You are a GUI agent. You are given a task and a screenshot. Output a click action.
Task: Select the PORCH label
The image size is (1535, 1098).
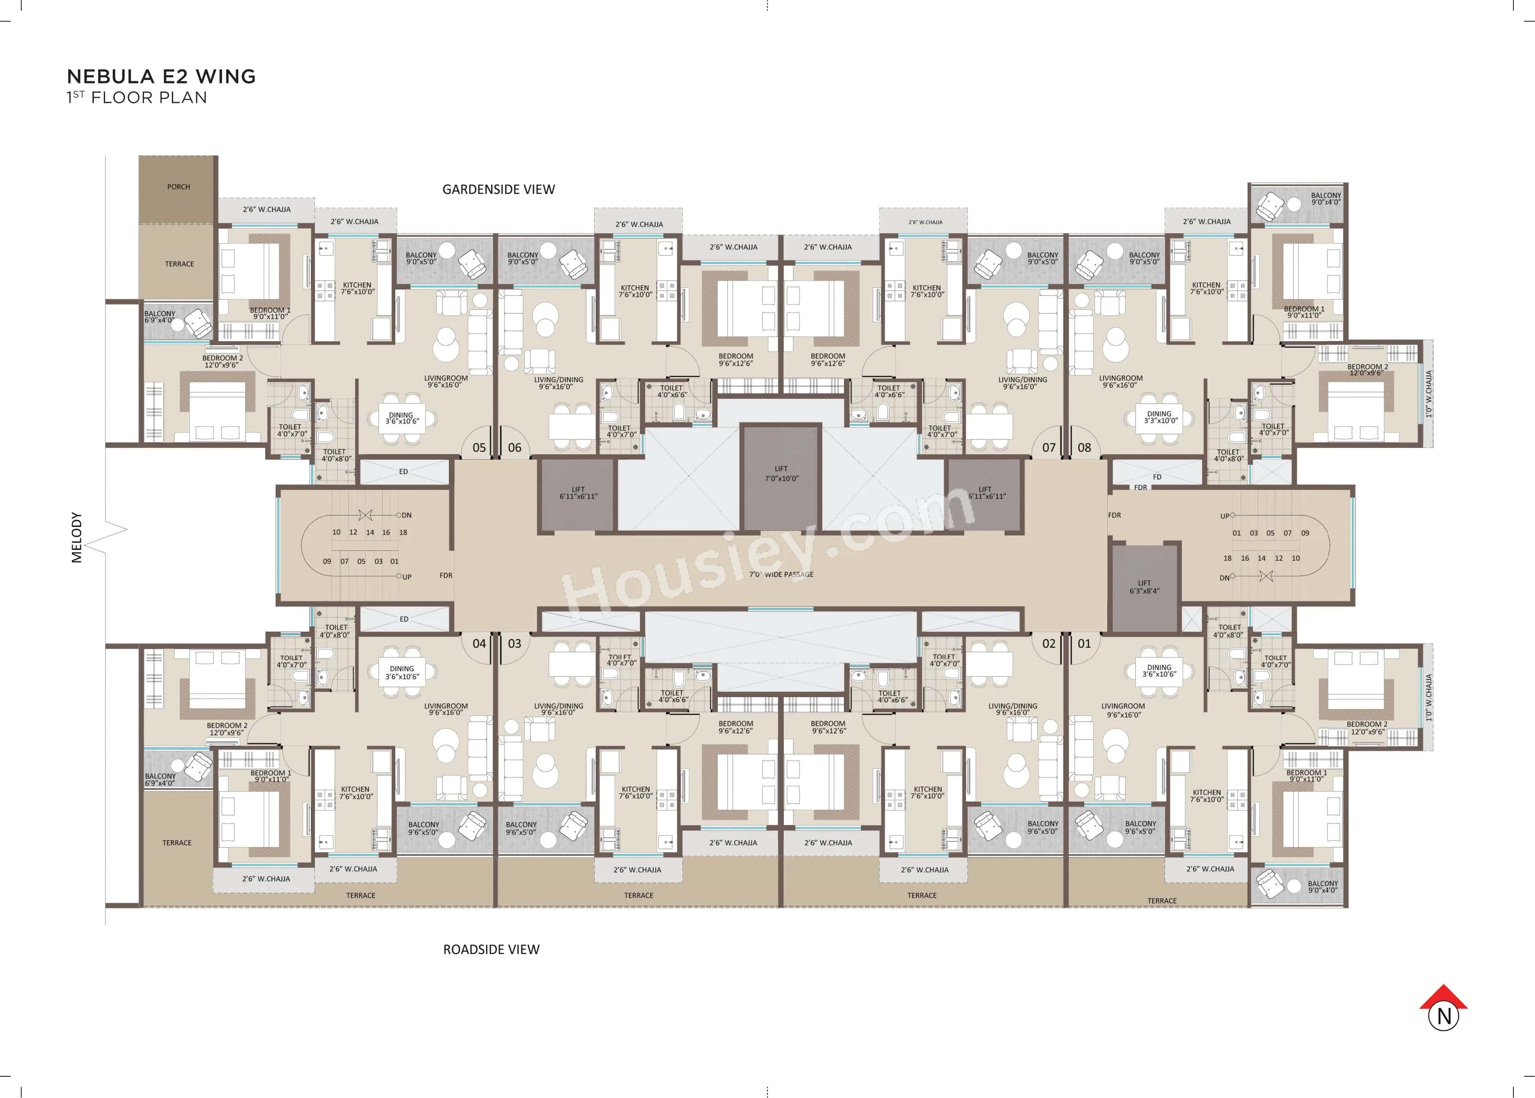tap(179, 187)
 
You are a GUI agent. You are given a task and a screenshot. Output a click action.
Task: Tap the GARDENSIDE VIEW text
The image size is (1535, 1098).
tap(499, 190)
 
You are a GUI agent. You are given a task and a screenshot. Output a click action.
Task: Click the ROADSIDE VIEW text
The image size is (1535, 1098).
tap(491, 949)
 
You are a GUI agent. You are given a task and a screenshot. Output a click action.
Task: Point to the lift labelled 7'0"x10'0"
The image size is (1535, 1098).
tap(781, 473)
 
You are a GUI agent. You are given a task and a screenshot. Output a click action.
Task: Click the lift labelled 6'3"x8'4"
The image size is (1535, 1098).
tap(1144, 587)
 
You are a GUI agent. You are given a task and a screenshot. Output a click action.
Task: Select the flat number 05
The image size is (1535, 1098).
tap(479, 448)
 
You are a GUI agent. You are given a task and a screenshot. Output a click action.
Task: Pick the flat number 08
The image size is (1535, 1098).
tap(1084, 448)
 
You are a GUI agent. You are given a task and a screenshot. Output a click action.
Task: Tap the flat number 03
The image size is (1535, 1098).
tap(514, 644)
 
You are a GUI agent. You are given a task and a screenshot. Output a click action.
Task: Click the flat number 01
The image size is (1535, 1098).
tap(1084, 644)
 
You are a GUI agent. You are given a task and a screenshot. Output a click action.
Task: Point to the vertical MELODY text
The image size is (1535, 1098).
tap(76, 538)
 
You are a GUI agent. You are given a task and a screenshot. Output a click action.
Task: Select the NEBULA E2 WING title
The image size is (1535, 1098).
tap(161, 76)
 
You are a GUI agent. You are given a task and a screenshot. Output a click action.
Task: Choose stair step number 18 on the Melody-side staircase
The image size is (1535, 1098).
tap(403, 533)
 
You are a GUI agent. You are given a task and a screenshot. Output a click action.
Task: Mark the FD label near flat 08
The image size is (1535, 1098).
tap(1157, 477)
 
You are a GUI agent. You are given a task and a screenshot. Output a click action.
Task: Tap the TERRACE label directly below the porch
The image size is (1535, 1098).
tap(179, 264)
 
